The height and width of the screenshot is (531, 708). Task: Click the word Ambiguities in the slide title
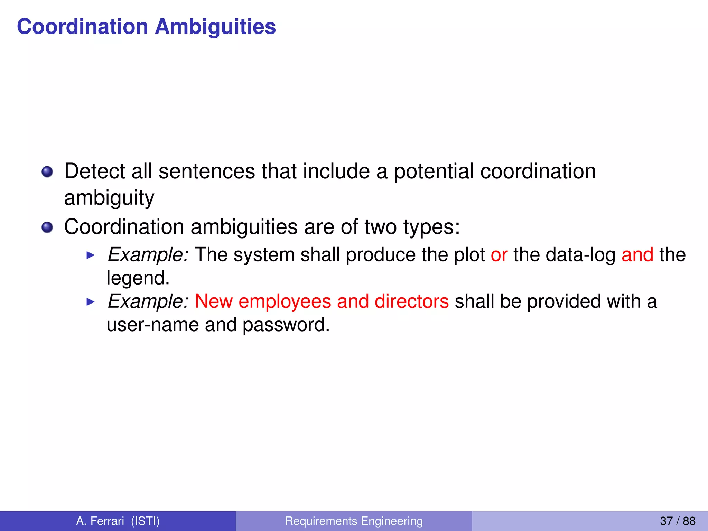pyautogui.click(x=215, y=27)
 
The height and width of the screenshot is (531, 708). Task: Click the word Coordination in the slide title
pyautogui.click(x=83, y=27)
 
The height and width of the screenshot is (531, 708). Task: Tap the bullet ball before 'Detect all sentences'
pyautogui.click(x=47, y=172)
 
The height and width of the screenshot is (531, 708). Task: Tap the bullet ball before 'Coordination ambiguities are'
pyautogui.click(x=47, y=227)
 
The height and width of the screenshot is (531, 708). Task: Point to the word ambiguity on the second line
pyautogui.click(x=109, y=198)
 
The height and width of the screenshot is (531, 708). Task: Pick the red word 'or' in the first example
pyautogui.click(x=499, y=255)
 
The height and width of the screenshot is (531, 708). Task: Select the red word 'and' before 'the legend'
pyautogui.click(x=637, y=255)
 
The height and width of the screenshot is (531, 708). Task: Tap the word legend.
pyautogui.click(x=138, y=278)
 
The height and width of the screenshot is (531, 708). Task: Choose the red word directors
pyautogui.click(x=411, y=301)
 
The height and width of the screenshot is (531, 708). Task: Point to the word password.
pyautogui.click(x=286, y=325)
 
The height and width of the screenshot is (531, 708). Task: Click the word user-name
pyautogui.click(x=152, y=325)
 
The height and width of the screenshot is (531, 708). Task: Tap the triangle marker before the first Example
pyautogui.click(x=90, y=255)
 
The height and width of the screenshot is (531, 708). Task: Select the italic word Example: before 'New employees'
pyautogui.click(x=148, y=301)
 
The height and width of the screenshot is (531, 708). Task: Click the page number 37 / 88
pyautogui.click(x=677, y=521)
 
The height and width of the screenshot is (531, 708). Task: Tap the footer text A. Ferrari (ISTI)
pyautogui.click(x=118, y=521)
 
